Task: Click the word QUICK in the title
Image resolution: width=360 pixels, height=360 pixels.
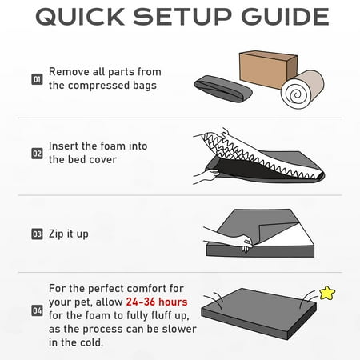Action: point(80,17)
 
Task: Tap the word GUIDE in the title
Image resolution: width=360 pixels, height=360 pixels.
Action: point(285,17)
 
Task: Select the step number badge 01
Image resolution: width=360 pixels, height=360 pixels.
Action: point(37,79)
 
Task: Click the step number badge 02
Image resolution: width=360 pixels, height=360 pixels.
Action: point(37,154)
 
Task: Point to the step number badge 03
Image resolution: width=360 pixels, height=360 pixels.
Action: point(37,234)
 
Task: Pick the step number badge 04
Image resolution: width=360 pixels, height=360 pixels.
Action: point(37,310)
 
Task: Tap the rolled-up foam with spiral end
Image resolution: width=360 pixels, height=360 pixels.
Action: point(302,90)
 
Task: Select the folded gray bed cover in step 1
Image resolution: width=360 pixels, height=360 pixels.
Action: point(223,89)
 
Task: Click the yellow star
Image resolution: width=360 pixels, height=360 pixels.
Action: point(327,293)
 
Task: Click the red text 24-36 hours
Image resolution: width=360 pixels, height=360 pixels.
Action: point(157,302)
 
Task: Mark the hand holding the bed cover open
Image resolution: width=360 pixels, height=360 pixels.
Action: point(206,176)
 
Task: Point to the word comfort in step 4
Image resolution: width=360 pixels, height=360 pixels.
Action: point(143,289)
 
